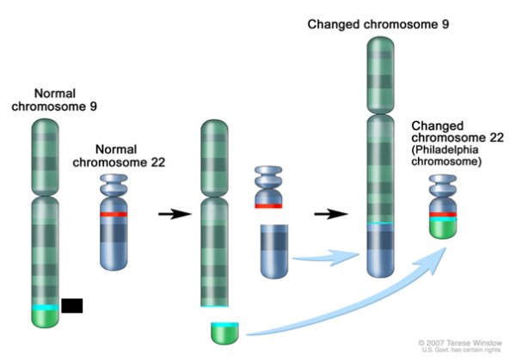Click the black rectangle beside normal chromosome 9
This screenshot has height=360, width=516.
[72, 305]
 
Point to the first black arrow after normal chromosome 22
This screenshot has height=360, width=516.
[174, 214]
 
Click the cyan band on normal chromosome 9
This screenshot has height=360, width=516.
[46, 307]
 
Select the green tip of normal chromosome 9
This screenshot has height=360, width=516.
[46, 319]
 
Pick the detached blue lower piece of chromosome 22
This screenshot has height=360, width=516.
[273, 248]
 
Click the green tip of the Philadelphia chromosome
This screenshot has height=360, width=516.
[442, 229]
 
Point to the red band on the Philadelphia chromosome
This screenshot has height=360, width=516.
[442, 214]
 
